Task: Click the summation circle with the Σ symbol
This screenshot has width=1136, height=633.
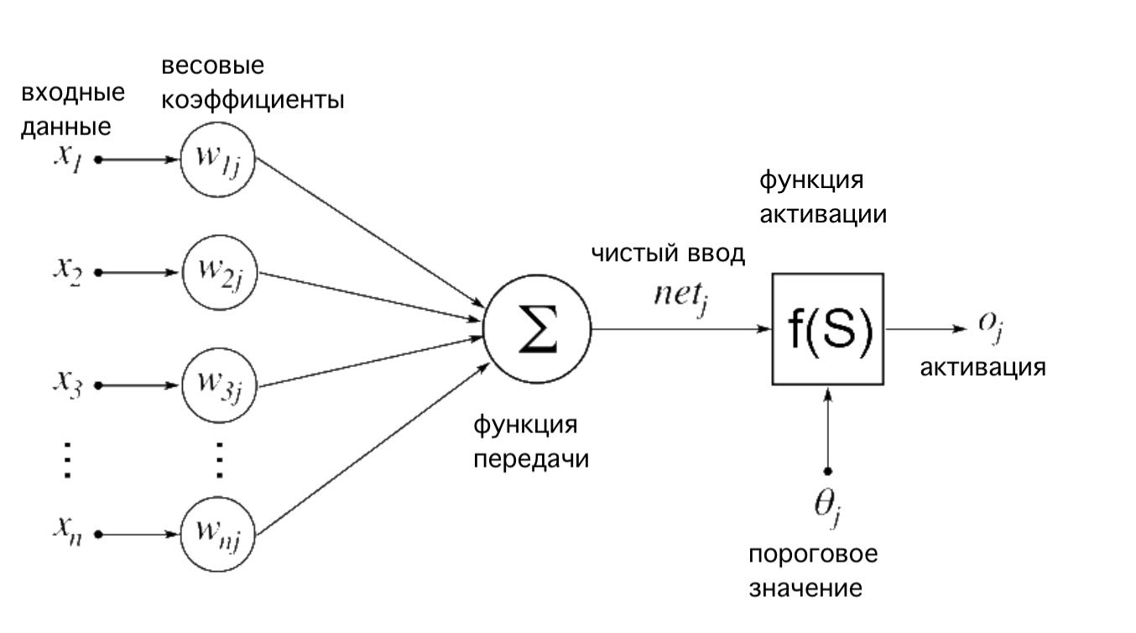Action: pyautogui.click(x=537, y=327)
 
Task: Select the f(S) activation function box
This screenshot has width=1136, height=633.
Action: pyautogui.click(x=827, y=329)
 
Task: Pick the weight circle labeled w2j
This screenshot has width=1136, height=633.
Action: pyautogui.click(x=218, y=272)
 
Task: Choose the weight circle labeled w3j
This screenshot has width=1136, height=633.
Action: pyautogui.click(x=218, y=385)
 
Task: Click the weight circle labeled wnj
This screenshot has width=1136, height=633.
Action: pyautogui.click(x=218, y=534)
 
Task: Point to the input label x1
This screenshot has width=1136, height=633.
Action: pyautogui.click(x=66, y=159)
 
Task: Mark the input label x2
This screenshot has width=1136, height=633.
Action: pyautogui.click(x=66, y=272)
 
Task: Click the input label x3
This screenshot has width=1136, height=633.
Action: pyautogui.click(x=66, y=385)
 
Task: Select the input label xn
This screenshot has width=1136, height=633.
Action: pyautogui.click(x=66, y=532)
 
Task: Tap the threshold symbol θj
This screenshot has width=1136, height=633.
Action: pyautogui.click(x=826, y=508)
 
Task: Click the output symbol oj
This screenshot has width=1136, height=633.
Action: pyautogui.click(x=991, y=329)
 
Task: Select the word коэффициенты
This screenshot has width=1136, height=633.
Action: pyautogui.click(x=253, y=101)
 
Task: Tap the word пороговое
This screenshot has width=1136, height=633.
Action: pyautogui.click(x=813, y=556)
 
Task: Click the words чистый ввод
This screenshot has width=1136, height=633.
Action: pyautogui.click(x=668, y=254)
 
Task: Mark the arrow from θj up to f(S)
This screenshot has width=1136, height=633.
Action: pyautogui.click(x=828, y=428)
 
